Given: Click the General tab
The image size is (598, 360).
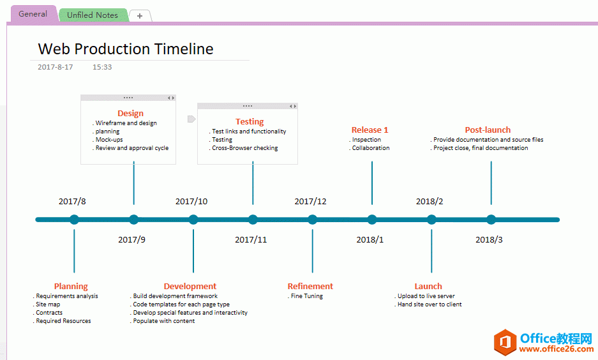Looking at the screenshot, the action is click(33, 14).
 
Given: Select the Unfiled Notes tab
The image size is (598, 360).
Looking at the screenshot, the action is click(93, 15).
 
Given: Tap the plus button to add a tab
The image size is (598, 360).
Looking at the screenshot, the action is click(140, 16).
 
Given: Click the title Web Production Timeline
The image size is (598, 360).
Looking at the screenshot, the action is click(126, 49).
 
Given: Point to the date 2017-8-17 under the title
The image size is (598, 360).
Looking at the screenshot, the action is click(56, 67).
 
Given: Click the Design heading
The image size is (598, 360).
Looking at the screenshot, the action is click(130, 113).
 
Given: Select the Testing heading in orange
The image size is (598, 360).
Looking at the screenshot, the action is click(250, 122).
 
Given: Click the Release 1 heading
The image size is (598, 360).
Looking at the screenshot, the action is click(370, 130).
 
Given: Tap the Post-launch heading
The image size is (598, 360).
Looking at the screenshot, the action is click(488, 130).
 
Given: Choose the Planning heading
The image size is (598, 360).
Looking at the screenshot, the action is click(71, 287).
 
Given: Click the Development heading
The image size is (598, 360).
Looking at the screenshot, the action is click(190, 287).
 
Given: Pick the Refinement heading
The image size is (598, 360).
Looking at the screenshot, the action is click(310, 287).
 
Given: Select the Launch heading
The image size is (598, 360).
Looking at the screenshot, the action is click(428, 287).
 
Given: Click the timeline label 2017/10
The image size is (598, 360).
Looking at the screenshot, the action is click(191, 201).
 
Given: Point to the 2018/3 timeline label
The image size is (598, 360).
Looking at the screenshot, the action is click(489, 240).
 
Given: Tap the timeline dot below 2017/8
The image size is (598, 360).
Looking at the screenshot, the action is click(75, 220).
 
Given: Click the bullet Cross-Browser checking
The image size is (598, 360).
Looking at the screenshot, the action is click(245, 148).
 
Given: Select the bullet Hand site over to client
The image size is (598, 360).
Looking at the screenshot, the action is click(430, 304).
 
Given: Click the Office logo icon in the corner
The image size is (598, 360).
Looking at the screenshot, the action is click(505, 341).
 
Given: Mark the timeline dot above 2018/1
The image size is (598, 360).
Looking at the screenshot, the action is click(372, 220).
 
